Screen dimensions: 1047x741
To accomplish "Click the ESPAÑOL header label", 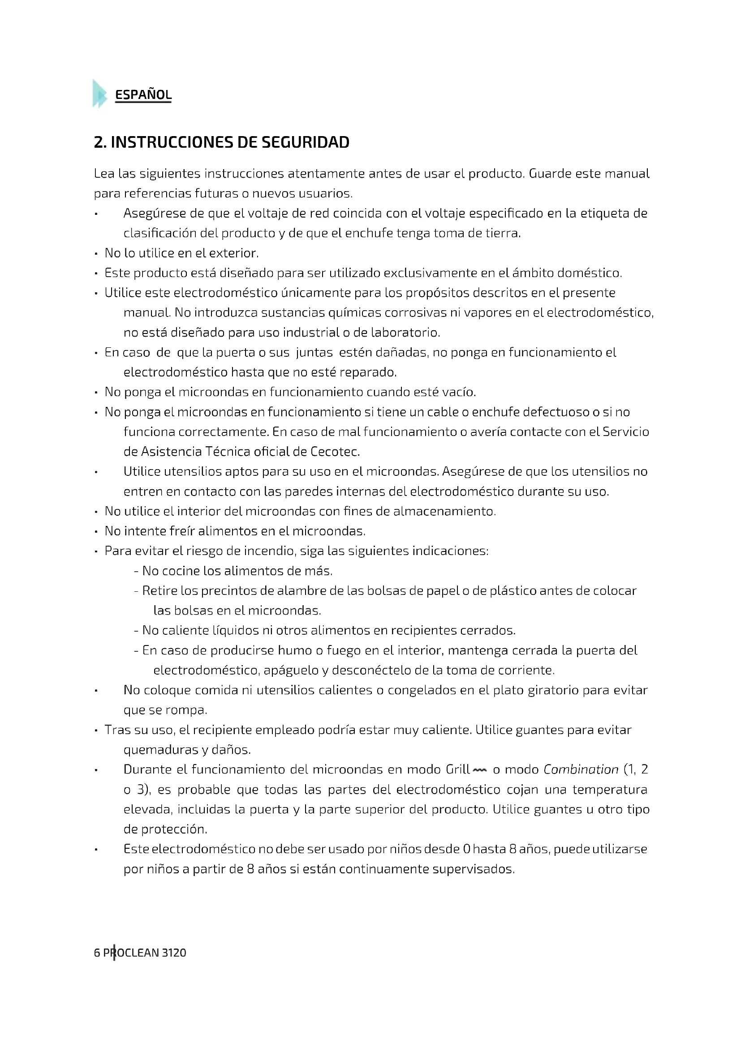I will (143, 95).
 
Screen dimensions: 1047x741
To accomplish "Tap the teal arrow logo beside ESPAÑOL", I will (99, 94).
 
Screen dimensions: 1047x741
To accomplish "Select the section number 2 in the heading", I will (98, 142).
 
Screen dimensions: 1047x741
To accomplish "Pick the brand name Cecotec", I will (335, 452).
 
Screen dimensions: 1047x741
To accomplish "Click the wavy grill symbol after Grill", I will (479, 770).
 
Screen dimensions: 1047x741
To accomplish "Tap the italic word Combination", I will (580, 770).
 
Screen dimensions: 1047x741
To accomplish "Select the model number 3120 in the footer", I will (174, 953).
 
